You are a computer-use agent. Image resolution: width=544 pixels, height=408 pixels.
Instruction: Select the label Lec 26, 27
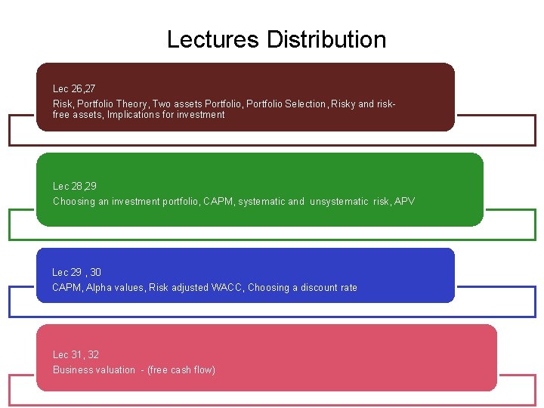(x=74, y=89)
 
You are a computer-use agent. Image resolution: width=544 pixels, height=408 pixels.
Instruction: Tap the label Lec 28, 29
(x=75, y=186)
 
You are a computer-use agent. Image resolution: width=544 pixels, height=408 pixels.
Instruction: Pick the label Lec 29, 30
(x=76, y=272)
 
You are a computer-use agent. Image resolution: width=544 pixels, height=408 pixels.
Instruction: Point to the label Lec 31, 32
(x=76, y=354)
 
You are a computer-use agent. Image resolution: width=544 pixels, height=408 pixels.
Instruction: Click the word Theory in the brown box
(x=131, y=104)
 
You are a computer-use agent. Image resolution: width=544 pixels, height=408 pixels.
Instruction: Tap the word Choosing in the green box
(x=74, y=202)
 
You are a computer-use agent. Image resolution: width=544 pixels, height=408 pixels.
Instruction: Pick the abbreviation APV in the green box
(x=403, y=202)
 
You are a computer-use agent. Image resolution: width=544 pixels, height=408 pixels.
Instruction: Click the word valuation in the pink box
(x=115, y=370)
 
